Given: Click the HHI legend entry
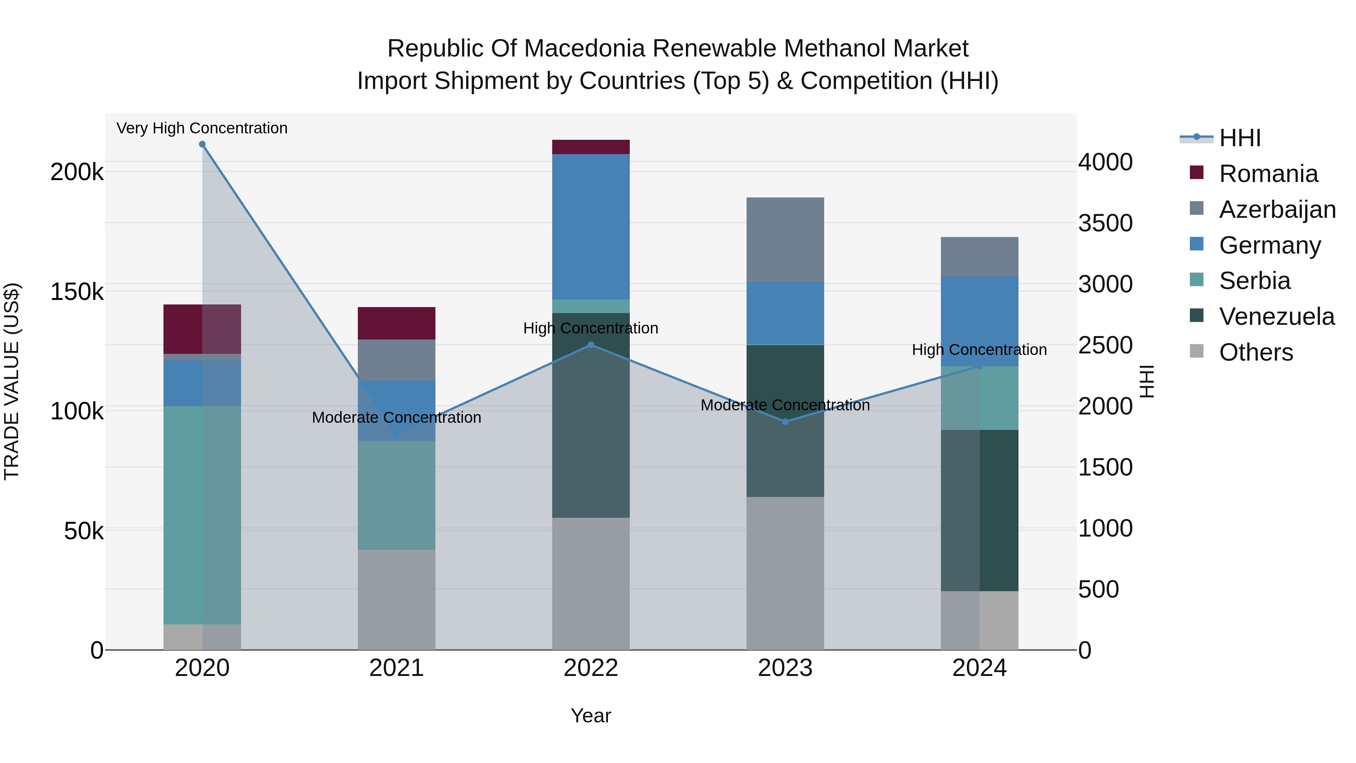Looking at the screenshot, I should click(x=1240, y=138).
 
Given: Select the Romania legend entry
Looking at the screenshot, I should click(x=1268, y=174).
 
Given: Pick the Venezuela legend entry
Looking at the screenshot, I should click(x=1277, y=317).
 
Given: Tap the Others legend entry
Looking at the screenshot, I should click(x=1255, y=352).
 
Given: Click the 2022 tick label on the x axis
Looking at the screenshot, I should click(x=591, y=668).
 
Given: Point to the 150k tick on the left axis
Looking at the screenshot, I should click(x=77, y=292).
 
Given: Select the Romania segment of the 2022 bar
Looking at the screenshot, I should click(x=591, y=147).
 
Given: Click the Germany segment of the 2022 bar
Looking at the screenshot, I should click(x=591, y=226).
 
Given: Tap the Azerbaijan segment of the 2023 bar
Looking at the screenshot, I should click(x=785, y=240).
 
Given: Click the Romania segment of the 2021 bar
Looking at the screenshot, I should click(x=396, y=323).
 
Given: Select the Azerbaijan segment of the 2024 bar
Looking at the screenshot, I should click(x=979, y=257).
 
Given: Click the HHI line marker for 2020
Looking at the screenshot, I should click(x=202, y=144).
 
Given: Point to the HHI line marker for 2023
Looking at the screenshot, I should click(x=785, y=422).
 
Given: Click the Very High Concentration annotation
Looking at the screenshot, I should click(x=202, y=128).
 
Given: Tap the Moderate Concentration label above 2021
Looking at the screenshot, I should click(x=396, y=417).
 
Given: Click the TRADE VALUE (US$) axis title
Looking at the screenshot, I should click(x=12, y=381).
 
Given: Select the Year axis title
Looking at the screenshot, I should click(x=591, y=716).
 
